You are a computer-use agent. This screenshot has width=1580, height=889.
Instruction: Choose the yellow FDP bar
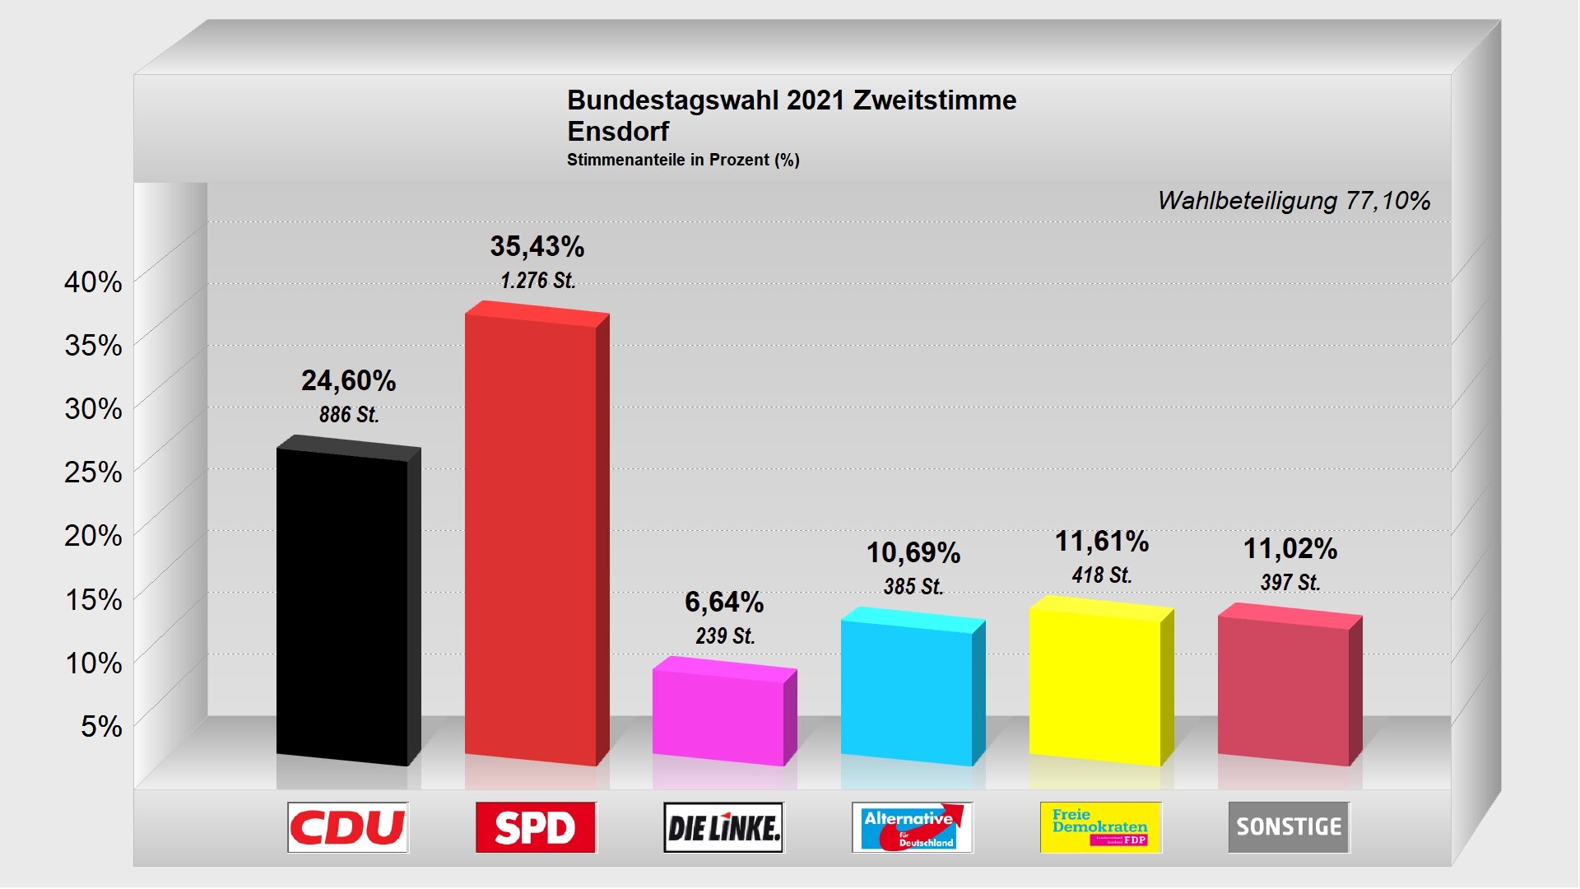[1095, 683]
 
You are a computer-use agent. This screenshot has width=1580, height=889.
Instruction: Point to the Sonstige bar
[1284, 687]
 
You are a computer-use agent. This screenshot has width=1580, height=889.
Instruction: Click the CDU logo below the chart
[348, 827]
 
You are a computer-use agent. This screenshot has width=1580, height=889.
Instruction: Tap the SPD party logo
[536, 827]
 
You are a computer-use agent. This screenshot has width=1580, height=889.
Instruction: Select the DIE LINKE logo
[724, 827]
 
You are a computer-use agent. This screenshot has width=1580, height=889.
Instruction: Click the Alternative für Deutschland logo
[912, 827]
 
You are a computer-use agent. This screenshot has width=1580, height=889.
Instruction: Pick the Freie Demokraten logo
[1100, 827]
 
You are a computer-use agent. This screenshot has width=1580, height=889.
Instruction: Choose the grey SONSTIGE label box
[1289, 827]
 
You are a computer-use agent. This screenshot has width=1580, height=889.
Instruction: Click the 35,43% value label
[537, 246]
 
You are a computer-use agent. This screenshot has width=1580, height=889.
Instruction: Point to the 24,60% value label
[348, 380]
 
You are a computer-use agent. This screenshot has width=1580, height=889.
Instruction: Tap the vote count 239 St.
[725, 636]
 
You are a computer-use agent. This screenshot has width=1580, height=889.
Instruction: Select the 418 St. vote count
[1102, 575]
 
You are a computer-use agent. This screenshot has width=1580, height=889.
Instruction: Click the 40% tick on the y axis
[93, 282]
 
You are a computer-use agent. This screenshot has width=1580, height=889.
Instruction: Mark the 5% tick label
[100, 726]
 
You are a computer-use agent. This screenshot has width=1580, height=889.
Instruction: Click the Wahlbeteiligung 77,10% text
[1294, 201]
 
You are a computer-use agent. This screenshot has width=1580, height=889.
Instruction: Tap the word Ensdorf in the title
[618, 132]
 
